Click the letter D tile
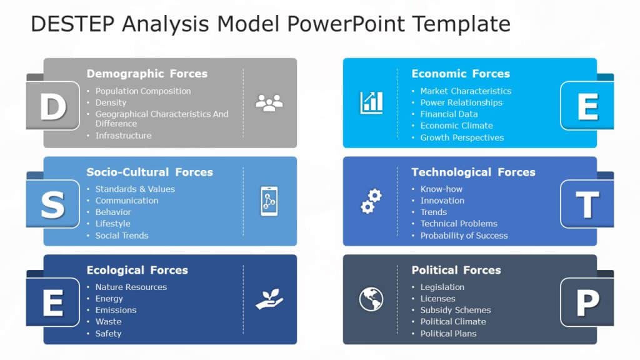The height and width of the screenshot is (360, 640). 53,106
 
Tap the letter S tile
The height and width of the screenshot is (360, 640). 53,204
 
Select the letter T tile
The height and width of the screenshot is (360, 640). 587,204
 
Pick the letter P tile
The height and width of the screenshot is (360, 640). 587,303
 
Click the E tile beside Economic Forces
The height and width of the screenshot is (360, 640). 587,106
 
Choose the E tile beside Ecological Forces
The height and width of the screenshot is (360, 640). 53,303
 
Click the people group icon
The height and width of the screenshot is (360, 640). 269,102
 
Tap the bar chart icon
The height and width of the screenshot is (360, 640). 371,102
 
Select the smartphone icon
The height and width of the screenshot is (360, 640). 269,201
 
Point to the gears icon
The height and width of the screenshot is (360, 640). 371,201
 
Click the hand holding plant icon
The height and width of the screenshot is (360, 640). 269,299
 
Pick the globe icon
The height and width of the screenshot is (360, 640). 371,299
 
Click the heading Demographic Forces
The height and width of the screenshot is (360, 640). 147,74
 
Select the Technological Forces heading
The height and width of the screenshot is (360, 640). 473,172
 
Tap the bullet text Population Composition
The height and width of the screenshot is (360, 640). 143,91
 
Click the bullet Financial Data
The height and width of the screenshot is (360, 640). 449,114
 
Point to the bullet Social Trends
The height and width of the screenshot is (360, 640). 122,236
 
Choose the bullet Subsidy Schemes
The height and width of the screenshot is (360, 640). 456,310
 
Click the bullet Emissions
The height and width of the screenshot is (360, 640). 116,310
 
